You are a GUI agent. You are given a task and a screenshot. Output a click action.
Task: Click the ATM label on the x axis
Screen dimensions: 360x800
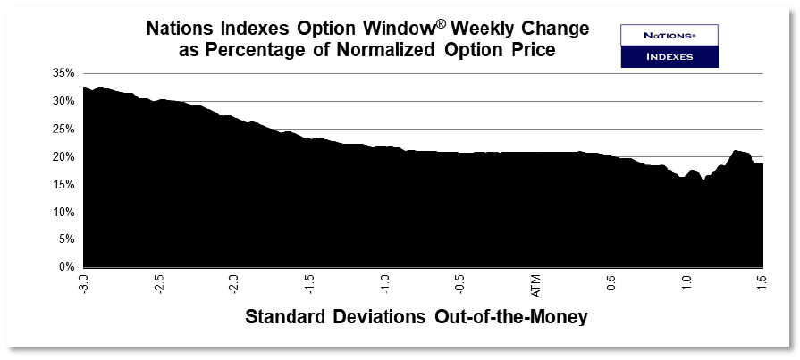pos(536,286)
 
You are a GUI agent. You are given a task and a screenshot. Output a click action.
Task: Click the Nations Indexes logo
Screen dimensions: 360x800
pos(669,46)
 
